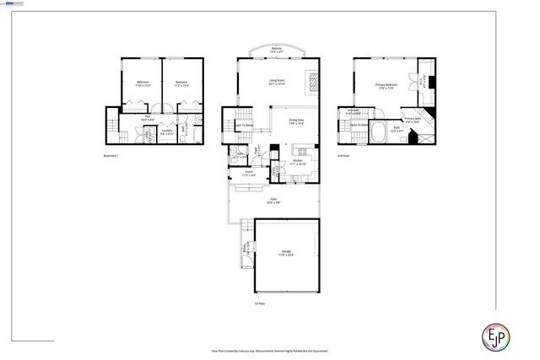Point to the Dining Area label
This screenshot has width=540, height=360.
(x=296, y=121)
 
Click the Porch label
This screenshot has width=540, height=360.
(x=249, y=173)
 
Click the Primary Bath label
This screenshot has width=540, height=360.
(x=412, y=120)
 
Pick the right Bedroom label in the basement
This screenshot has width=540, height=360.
(x=181, y=83)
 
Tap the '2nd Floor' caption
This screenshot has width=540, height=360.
(x=343, y=156)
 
